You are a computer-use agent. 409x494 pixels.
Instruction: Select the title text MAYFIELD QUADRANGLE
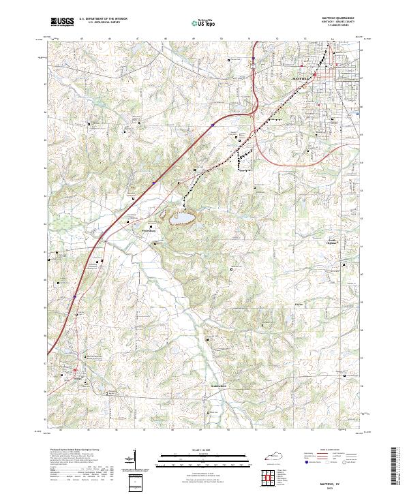(x=337, y=20)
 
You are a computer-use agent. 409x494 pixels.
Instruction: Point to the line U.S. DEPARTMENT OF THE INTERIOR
(x=102, y=20)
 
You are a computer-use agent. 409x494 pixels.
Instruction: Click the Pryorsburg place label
(x=149, y=230)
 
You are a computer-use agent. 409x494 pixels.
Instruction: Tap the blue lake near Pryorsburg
(x=181, y=218)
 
